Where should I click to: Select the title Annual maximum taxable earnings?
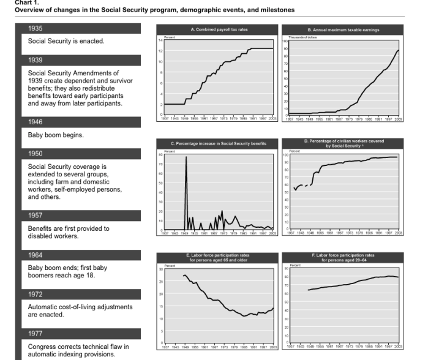pos(343,29)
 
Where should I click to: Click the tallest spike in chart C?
pos(186,157)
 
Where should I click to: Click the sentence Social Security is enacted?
pos(67,41)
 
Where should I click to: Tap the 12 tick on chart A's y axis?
pos(160,51)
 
